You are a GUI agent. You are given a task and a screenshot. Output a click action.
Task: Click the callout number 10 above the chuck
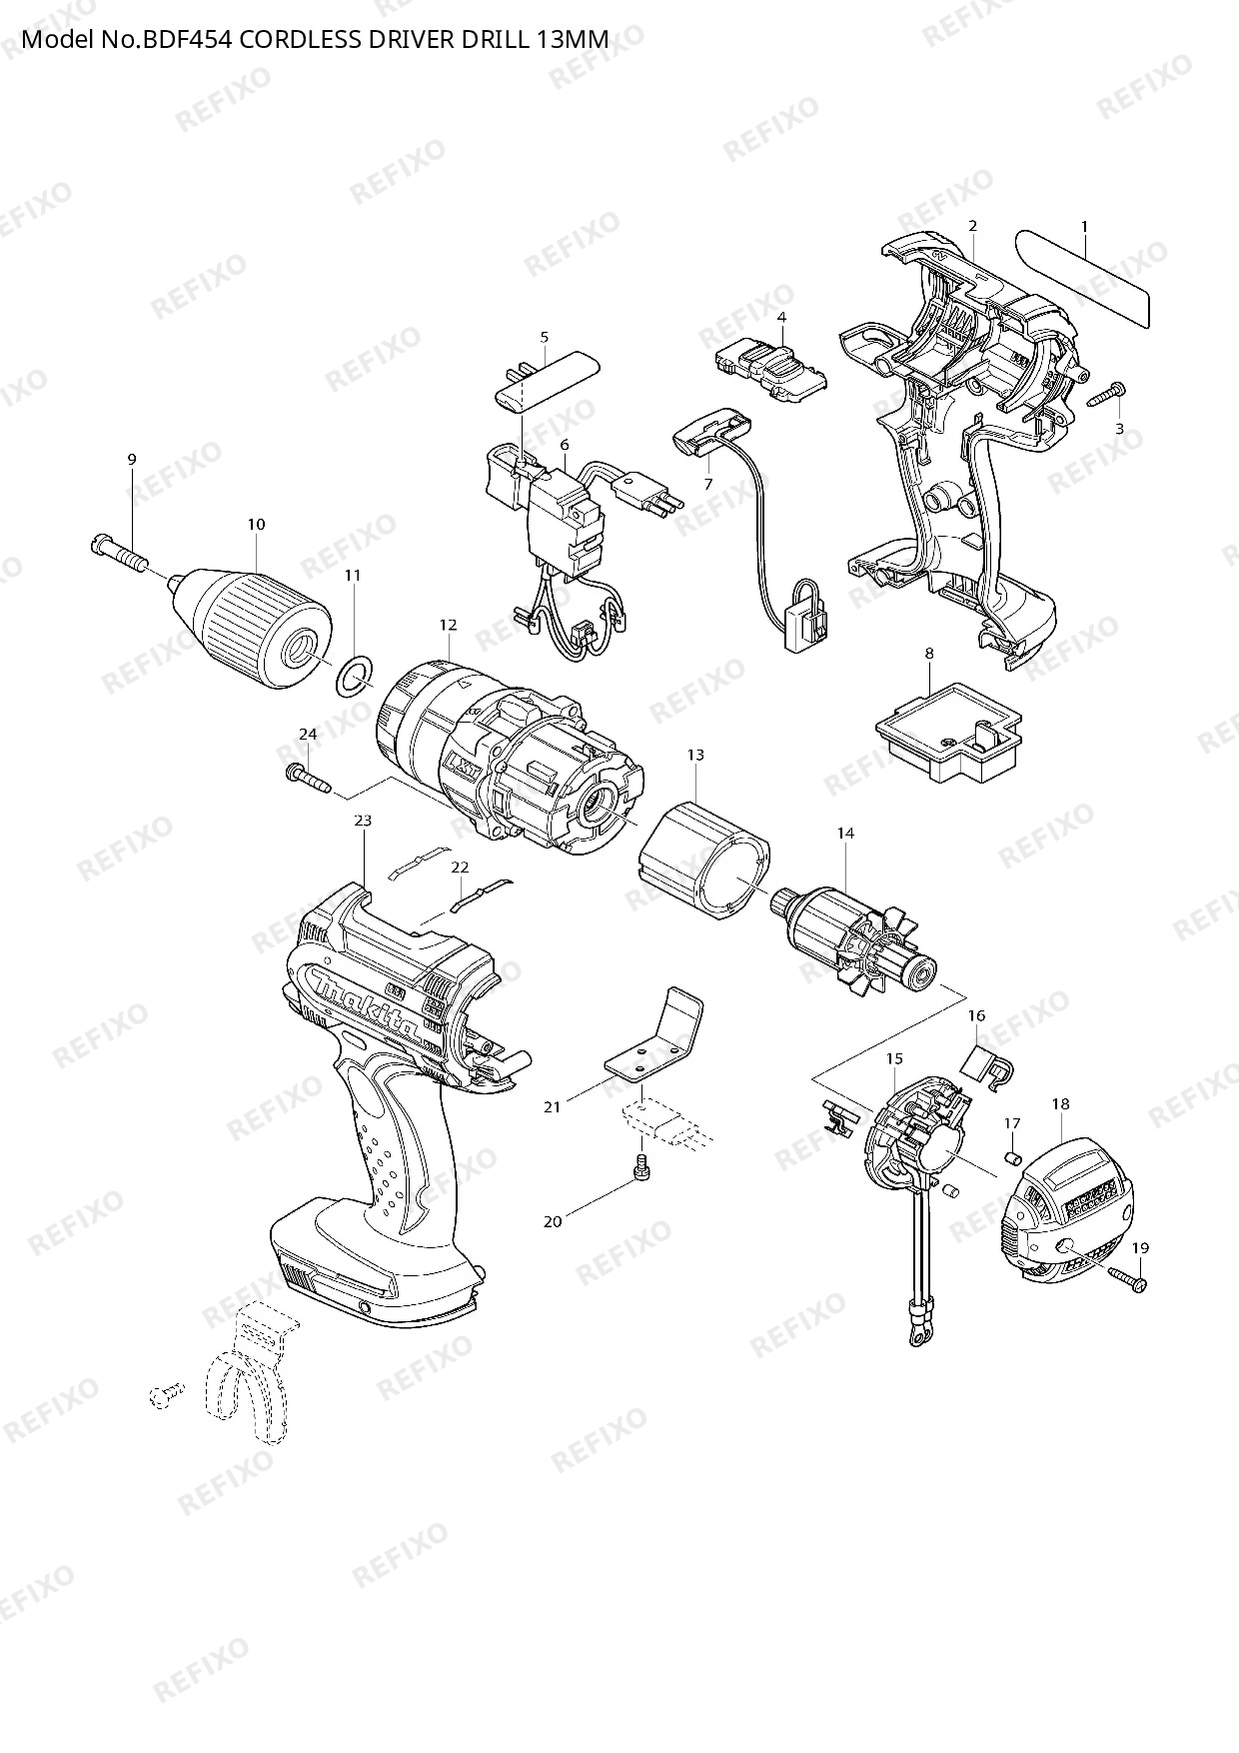257,524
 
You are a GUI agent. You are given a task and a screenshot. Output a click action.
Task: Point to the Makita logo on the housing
365,1003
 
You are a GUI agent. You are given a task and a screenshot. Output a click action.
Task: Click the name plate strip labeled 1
1082,276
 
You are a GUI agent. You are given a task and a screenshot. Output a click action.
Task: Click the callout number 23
363,821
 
